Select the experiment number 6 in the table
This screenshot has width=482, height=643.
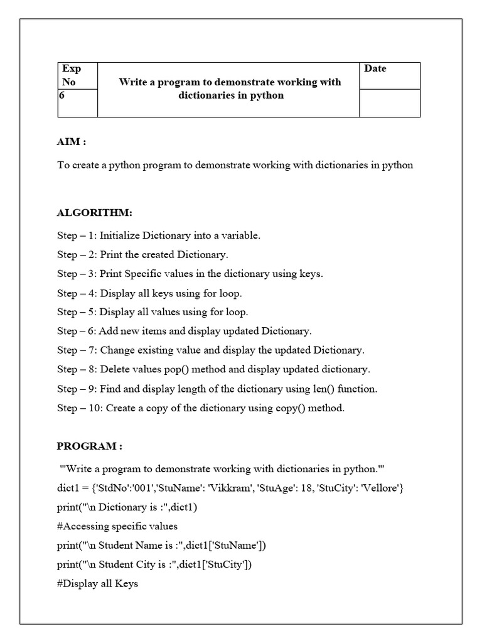click(x=62, y=96)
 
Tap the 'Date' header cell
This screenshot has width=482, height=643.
click(x=375, y=68)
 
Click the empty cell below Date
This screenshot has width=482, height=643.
click(x=389, y=103)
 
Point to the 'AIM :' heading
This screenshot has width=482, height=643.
click(x=71, y=141)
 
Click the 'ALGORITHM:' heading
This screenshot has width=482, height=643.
click(x=95, y=213)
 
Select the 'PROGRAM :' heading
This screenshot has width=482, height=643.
click(x=89, y=446)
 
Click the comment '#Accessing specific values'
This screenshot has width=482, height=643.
click(x=117, y=526)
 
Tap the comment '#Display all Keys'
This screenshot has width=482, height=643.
click(x=97, y=583)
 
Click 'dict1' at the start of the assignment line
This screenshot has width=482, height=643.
click(x=68, y=488)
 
